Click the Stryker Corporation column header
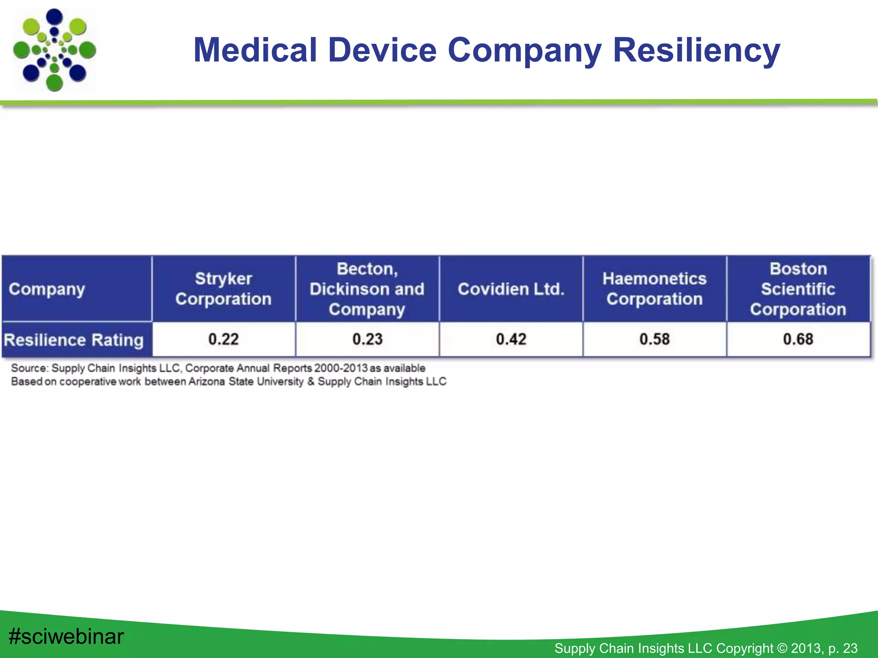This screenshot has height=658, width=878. coord(223,289)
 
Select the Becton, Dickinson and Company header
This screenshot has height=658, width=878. coord(367,289)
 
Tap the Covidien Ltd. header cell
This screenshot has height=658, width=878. coord(511,289)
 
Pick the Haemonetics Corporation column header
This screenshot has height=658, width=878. coord(654,289)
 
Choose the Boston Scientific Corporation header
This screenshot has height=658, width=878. coord(798,289)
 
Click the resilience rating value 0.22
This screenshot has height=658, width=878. coord(223,339)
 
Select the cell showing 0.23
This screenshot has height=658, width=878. coord(367,339)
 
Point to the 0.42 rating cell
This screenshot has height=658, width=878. coord(511,339)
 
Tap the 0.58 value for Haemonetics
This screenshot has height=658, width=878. coord(654,339)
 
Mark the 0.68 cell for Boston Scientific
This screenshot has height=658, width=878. coord(798,339)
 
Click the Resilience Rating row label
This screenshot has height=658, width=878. coord(74,340)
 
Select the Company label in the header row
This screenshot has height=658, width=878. coord(47,289)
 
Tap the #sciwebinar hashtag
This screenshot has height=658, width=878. coord(66,637)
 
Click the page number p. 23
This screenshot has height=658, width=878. coord(843,648)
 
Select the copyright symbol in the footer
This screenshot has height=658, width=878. coord(782,648)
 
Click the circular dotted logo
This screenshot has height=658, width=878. coord(54,50)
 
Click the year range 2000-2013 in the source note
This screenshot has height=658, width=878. coord(340,368)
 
